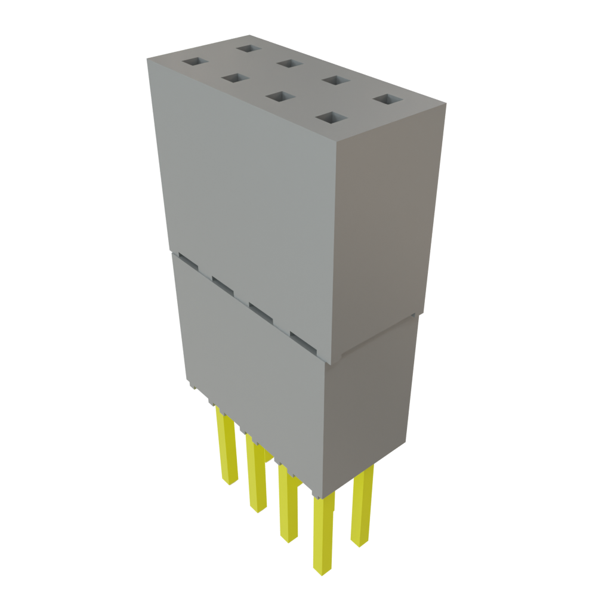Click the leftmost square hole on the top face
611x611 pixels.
193,62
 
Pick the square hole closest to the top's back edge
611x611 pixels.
246,48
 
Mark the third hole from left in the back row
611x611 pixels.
335,81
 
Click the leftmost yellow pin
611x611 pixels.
227,448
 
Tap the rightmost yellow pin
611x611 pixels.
362,507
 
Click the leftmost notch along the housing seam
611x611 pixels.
186,260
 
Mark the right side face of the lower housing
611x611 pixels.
370,406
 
